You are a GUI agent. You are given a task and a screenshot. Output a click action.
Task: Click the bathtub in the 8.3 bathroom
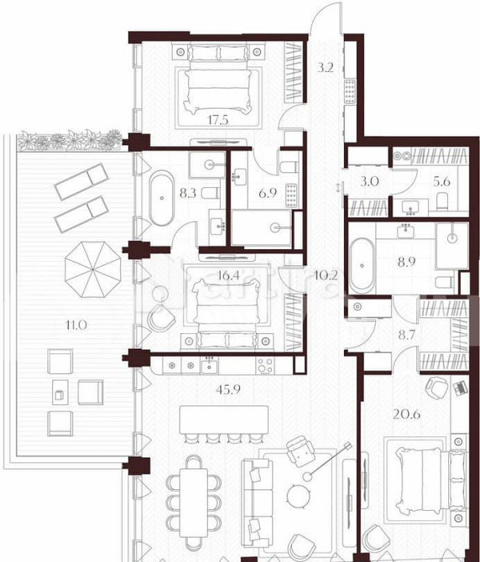tap(161, 194)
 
